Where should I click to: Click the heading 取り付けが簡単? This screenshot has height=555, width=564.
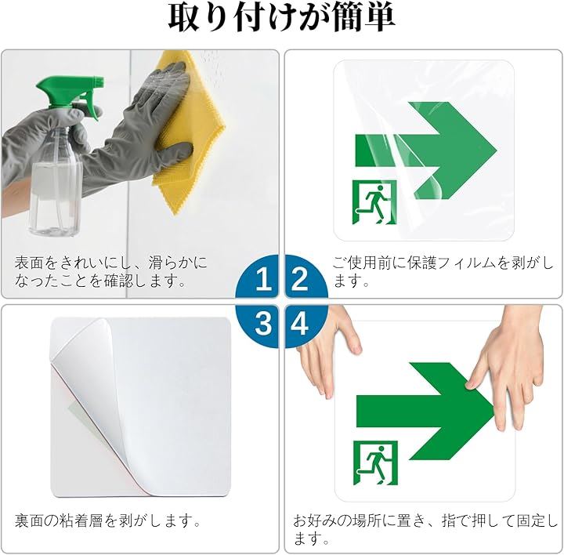(x=282, y=18)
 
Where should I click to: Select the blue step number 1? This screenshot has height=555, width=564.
(x=263, y=279)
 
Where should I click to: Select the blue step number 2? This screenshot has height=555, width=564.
(x=299, y=279)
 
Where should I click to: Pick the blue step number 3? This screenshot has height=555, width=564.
(x=263, y=323)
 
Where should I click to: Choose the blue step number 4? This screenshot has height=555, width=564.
(x=299, y=323)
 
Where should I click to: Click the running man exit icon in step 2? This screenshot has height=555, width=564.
(x=374, y=202)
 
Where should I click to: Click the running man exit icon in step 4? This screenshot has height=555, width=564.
(x=375, y=462)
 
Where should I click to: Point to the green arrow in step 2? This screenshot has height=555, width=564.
(x=426, y=151)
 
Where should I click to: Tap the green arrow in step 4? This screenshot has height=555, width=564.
(x=426, y=411)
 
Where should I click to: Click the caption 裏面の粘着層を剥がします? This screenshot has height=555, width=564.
(x=107, y=521)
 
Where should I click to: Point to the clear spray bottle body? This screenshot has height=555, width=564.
(x=57, y=180)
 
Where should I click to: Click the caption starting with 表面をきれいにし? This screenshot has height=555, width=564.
(x=110, y=272)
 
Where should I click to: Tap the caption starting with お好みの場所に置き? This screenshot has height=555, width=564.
(x=425, y=529)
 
